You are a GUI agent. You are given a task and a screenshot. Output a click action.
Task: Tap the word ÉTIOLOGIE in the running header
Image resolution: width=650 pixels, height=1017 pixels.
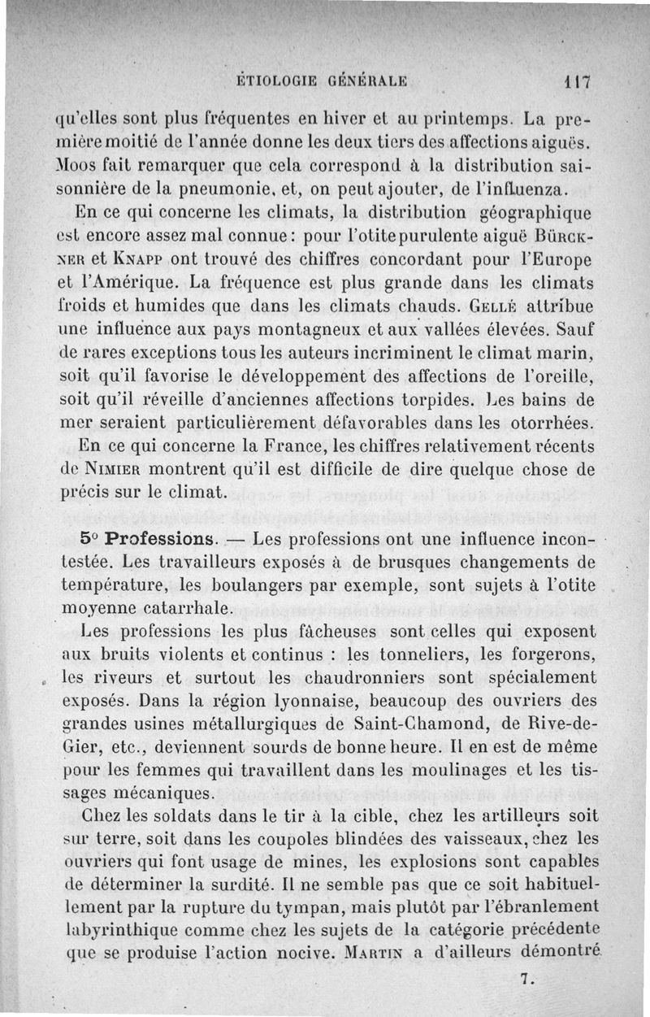[275, 80]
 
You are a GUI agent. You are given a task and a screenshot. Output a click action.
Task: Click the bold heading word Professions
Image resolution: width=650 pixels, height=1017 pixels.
[162, 539]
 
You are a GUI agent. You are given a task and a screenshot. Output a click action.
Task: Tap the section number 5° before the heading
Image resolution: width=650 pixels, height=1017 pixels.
[91, 539]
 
